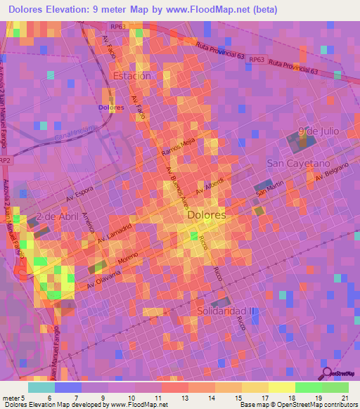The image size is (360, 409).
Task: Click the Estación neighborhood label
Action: (x=131, y=76)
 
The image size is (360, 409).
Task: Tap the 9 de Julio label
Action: (x=318, y=131)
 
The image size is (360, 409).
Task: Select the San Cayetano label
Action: (x=298, y=163)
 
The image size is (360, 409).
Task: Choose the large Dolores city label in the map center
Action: (x=207, y=216)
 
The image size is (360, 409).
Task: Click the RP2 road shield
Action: (x=6, y=160)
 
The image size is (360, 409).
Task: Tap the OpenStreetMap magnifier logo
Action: (x=326, y=372)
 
